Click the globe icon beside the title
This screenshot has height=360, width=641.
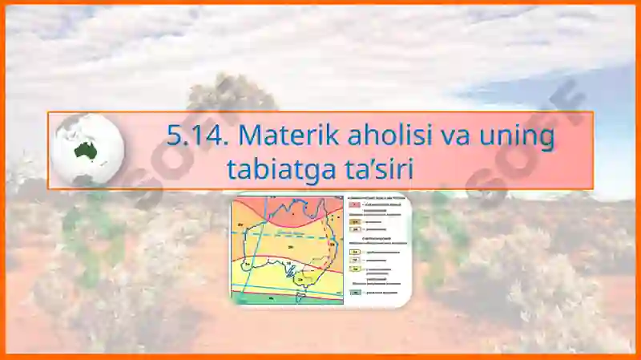coord(88,149)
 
